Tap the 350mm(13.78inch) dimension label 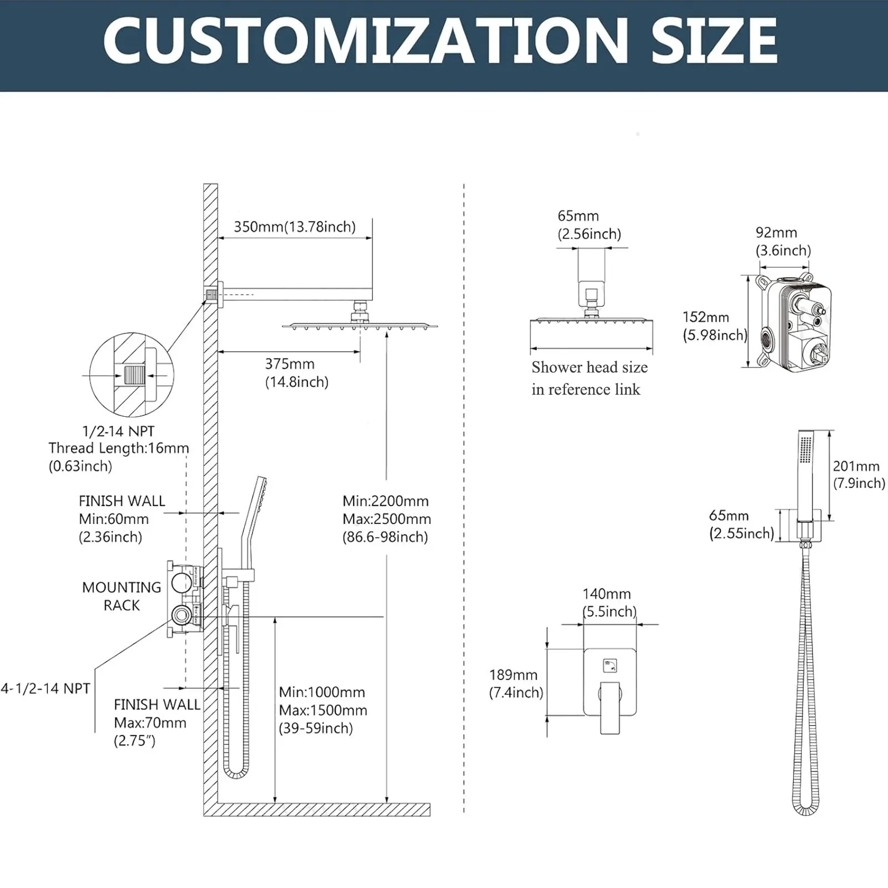pos(294,227)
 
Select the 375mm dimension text pos(290,364)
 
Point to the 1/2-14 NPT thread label pos(118,431)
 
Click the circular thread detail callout pos(132,375)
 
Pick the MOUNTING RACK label pos(122,596)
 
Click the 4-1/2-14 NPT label pos(46,689)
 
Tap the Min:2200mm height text pos(386,501)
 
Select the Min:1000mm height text pos(322,693)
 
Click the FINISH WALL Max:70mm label pos(157,722)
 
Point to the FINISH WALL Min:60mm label pos(122,518)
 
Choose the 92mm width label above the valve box pos(776,233)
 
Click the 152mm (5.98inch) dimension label pos(714,326)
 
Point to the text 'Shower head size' pos(589,367)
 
